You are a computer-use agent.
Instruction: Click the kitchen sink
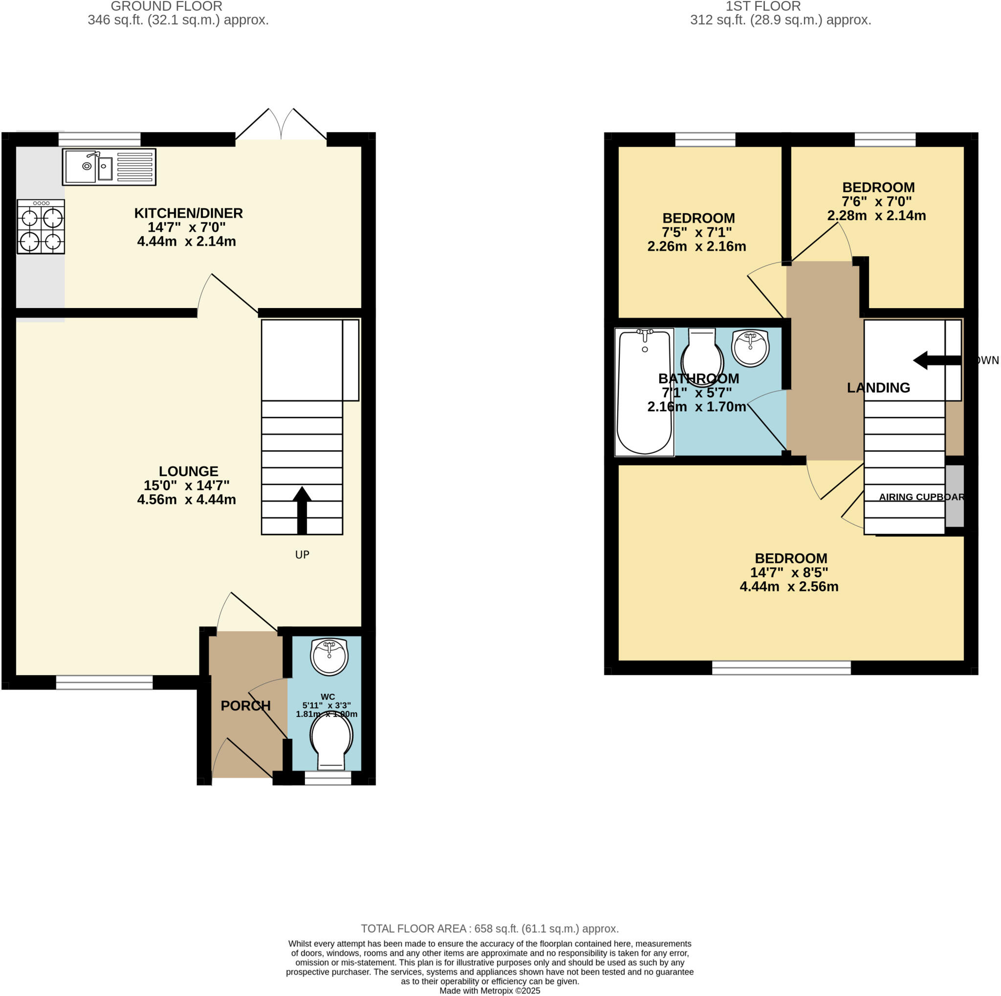tap(109, 167)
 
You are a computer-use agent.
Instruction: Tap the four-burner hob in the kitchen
tap(41, 226)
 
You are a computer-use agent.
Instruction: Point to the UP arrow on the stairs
tap(302, 510)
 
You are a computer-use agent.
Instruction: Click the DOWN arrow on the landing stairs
tap(936, 360)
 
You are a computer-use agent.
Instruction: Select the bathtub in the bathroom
tap(644, 392)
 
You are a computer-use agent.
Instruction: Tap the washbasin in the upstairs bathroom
tap(750, 348)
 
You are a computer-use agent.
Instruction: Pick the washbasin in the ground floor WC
tap(329, 656)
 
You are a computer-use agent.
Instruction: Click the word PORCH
tap(245, 706)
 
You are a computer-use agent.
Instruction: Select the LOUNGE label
tap(188, 471)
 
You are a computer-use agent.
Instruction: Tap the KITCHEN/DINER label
tap(188, 213)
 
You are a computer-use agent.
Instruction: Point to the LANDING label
tap(878, 388)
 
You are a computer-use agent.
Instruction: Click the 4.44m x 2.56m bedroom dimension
tap(788, 587)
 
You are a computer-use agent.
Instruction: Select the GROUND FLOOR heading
tap(166, 7)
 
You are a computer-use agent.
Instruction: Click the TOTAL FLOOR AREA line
tap(490, 929)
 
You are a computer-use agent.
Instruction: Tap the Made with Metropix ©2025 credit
tap(490, 991)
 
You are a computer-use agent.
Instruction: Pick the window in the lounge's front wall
tap(104, 683)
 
